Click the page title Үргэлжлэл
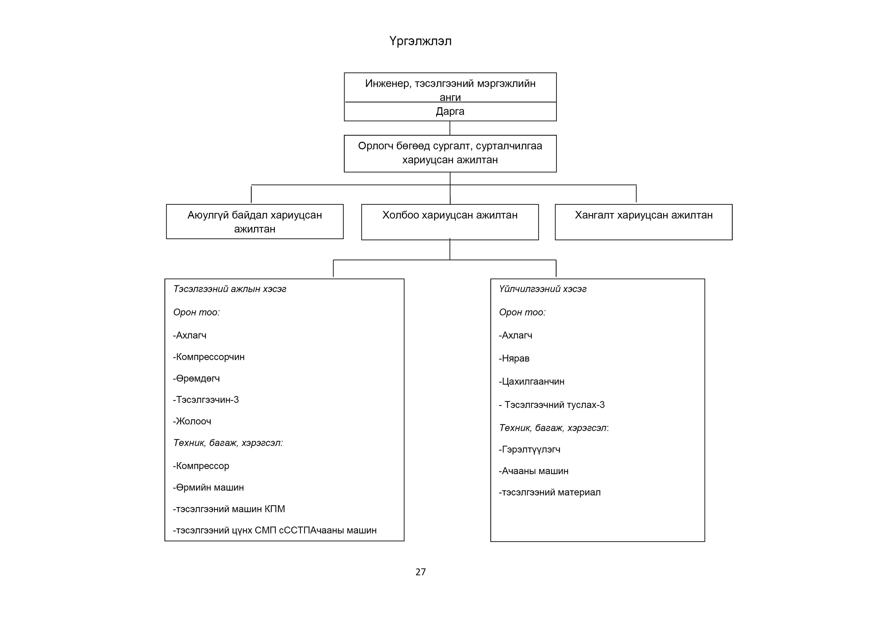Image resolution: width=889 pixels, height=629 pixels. pos(420,41)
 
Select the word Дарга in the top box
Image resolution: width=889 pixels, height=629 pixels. pos(450,112)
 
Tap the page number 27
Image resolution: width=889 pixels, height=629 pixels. pos(420,572)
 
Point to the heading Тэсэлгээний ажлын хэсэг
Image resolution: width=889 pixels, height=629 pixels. pos(230,289)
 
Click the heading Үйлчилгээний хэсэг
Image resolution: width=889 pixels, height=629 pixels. pos(543,289)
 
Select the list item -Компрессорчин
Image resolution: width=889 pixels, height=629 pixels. pos(209,357)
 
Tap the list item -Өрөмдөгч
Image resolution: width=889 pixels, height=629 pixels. pos(196,379)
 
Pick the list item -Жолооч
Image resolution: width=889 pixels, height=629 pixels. pos(192,421)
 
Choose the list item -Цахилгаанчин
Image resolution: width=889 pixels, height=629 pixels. pos(532,382)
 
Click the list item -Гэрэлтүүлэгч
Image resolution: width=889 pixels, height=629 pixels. pos(529,450)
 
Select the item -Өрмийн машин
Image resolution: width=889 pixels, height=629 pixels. pos(208,488)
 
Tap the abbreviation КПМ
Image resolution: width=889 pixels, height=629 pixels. pos(275,509)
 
